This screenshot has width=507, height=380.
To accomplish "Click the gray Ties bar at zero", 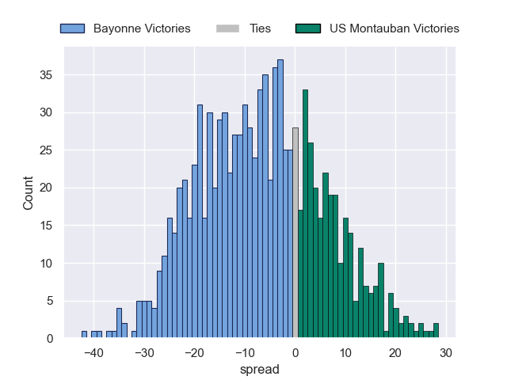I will click(295, 233).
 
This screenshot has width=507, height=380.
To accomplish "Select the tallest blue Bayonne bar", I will click(280, 199).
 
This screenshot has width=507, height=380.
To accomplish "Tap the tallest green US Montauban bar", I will click(305, 214).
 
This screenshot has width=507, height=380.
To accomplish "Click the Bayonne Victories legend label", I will click(142, 28).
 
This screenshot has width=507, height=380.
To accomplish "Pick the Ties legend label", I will click(260, 28).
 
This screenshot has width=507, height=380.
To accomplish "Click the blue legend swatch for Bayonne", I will click(72, 28).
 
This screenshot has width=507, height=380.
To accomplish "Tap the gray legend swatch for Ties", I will click(227, 28).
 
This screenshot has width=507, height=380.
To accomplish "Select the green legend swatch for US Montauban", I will click(307, 28).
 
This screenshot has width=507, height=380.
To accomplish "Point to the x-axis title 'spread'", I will click(259, 370).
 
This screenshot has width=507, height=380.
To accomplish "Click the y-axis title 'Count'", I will click(29, 192).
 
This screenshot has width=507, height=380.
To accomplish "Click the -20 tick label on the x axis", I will click(194, 353).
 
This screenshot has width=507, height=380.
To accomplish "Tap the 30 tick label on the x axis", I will click(446, 353).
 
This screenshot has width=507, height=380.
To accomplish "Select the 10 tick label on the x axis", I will click(345, 353).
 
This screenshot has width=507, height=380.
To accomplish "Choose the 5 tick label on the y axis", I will click(50, 301).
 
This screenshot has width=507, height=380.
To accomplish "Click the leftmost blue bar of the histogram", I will click(84, 335).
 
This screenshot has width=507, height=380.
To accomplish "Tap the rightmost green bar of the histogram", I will click(436, 331).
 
